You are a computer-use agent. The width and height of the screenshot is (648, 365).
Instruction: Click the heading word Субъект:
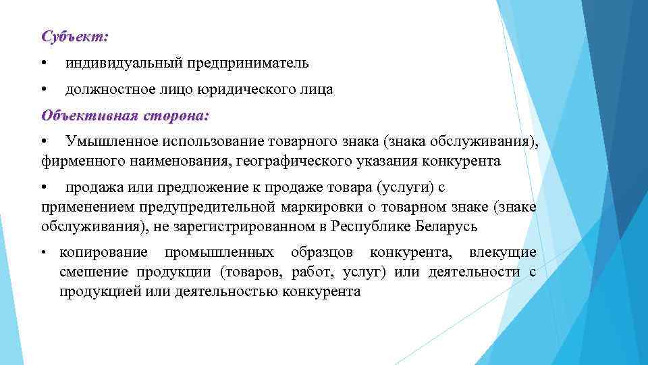tap(74, 35)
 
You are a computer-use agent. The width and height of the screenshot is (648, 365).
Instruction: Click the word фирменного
tap(75, 162)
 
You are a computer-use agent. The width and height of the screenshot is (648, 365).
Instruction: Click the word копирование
tap(103, 253)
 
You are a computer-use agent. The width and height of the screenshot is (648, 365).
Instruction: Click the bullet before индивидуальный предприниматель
tap(44, 64)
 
